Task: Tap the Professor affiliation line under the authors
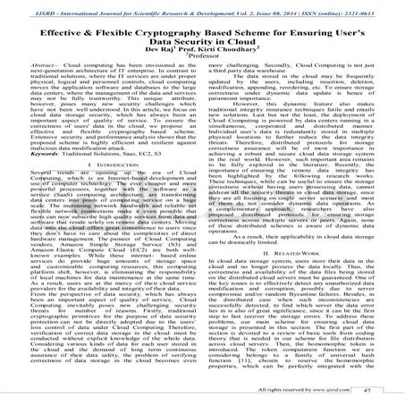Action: (202, 67)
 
